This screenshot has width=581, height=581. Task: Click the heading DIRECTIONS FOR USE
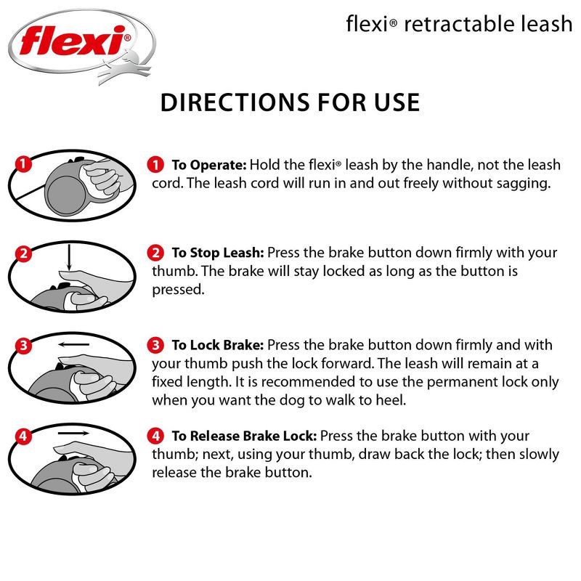click(290, 102)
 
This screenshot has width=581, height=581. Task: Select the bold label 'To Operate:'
click(210, 165)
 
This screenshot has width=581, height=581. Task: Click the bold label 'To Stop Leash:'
click(217, 253)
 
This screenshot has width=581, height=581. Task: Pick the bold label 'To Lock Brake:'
click(217, 345)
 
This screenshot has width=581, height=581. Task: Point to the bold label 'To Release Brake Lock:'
click(243, 436)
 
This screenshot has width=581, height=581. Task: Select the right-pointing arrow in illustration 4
click(73, 434)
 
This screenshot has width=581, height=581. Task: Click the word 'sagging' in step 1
click(524, 183)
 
